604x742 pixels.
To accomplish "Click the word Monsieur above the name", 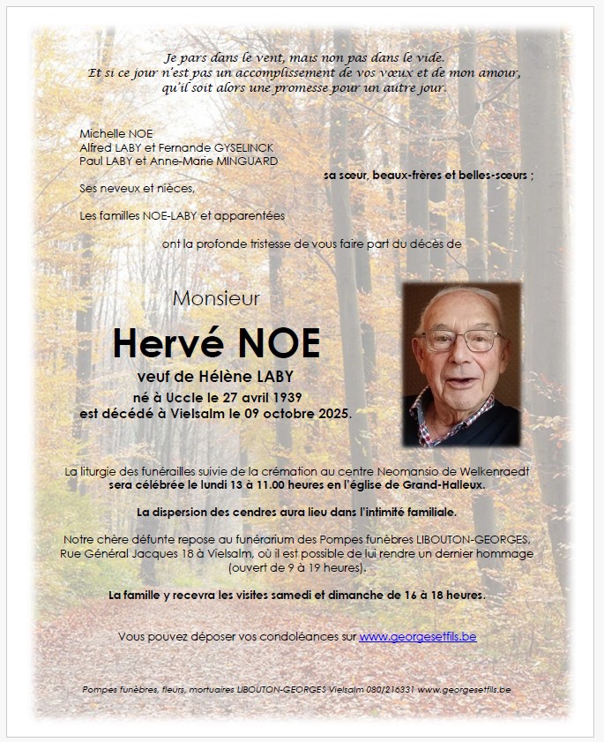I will click(216, 298).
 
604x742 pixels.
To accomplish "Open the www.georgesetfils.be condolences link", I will click(417, 636).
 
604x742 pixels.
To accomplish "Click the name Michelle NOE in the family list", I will click(116, 133).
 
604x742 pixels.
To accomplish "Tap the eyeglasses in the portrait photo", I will click(462, 341).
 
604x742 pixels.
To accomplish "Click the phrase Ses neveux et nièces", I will click(137, 188).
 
